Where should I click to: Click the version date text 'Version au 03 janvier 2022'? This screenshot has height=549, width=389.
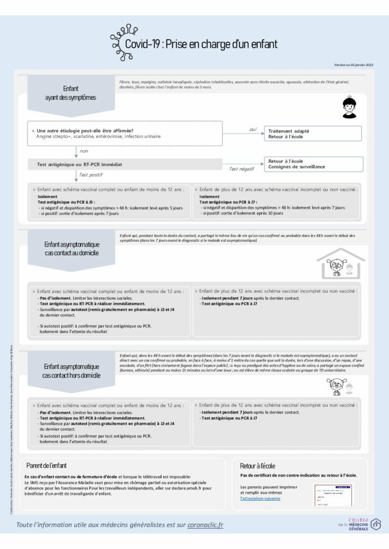353,65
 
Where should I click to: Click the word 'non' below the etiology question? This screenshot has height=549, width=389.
83,151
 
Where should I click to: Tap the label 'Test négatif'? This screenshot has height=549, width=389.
241,169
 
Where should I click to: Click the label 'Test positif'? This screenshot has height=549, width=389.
91,175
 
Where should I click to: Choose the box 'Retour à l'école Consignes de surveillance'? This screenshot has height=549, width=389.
312,164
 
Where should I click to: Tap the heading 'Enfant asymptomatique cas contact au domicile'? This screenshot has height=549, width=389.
71,248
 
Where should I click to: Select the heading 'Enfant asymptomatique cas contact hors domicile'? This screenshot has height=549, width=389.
71,370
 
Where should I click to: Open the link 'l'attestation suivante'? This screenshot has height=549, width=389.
260,499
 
